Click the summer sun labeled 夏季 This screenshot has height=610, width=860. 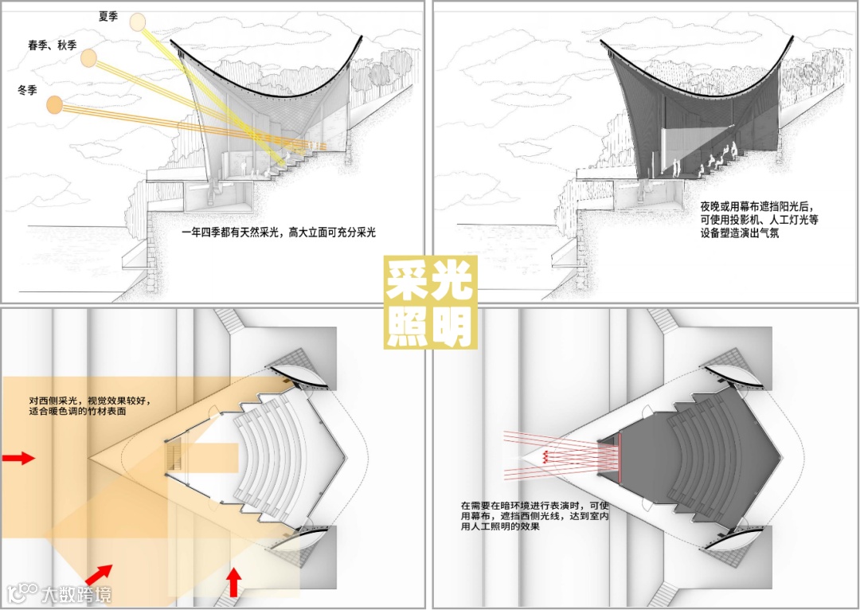139,23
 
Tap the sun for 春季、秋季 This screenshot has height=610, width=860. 88,58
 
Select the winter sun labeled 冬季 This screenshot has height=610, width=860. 54,104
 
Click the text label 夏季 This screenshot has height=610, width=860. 107,16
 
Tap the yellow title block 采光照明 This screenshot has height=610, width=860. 430,302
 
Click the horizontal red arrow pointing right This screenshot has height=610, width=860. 19,458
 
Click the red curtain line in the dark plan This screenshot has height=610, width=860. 620,459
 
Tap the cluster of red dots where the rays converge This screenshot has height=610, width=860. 545,456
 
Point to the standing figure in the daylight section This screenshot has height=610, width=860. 244,166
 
